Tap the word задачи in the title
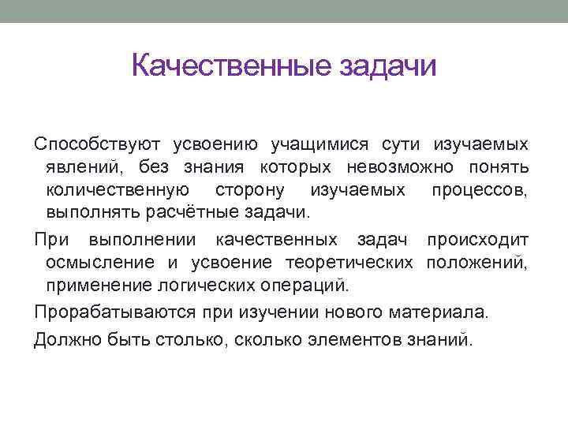click(x=387, y=66)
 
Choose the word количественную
click(x=118, y=190)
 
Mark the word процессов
click(x=480, y=190)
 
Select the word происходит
click(x=477, y=240)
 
